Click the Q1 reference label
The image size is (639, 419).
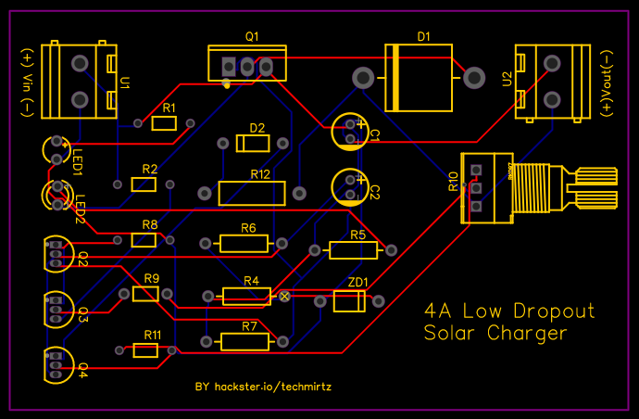(252, 35)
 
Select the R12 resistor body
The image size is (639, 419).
(252, 193)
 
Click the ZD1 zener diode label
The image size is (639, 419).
(357, 283)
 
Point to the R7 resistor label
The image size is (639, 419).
(249, 327)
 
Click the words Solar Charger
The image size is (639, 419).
(495, 333)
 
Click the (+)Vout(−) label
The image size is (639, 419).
(607, 80)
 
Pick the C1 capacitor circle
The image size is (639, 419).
(350, 132)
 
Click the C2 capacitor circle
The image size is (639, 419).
(350, 185)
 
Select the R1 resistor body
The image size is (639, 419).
(164, 123)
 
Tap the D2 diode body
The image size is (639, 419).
(254, 144)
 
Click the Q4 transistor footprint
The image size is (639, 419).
(56, 365)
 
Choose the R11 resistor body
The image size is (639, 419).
(145, 350)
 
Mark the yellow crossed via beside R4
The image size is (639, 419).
(285, 296)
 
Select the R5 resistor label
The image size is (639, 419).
(357, 235)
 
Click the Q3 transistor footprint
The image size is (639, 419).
(56, 310)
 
